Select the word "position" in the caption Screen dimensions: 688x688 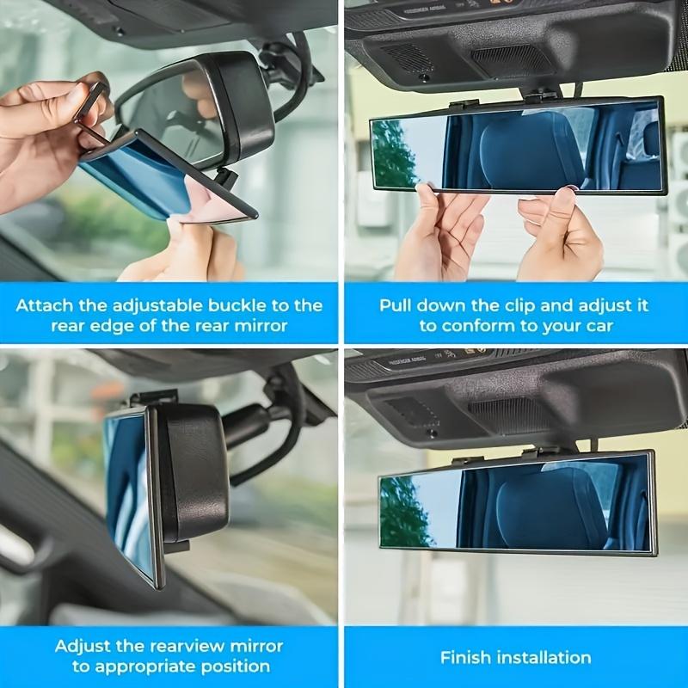click(x=235, y=666)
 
